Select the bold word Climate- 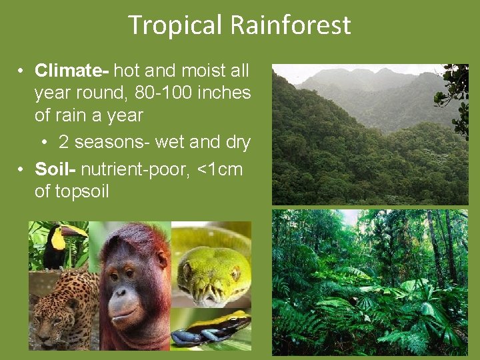pos(73,70)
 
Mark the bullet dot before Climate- pos(22,71)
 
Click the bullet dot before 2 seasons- pos(45,143)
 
